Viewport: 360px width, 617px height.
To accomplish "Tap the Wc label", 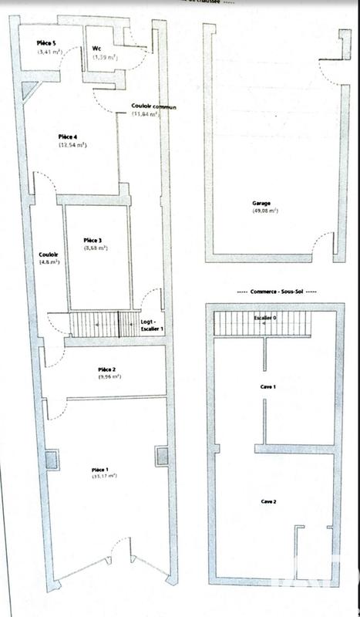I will (98, 49).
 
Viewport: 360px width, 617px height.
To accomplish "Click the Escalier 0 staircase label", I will (265, 317).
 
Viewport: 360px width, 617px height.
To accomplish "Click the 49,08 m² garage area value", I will (264, 211).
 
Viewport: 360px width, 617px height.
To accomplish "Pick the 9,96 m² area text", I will (110, 377).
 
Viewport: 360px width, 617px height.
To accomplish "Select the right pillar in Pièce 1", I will (161, 457).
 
